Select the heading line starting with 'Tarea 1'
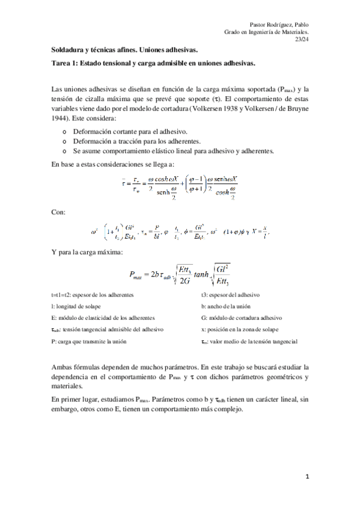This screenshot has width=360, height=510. click(153, 63)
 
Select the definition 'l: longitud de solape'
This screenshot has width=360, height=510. click(75, 306)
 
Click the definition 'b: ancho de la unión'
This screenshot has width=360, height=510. click(226, 306)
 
